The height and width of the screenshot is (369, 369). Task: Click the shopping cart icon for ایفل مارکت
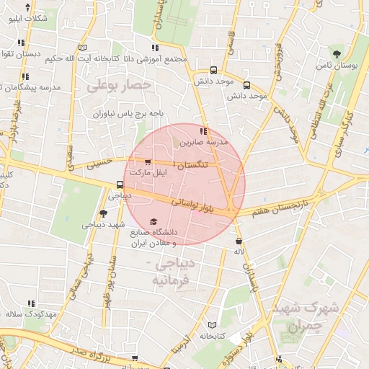tap(148, 162)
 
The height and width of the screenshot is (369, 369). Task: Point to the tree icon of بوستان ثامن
tap(337, 54)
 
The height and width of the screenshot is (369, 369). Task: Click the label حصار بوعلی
tap(120, 86)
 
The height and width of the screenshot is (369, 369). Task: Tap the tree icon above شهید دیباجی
tap(104, 213)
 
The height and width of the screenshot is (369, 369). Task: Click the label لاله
tap(239, 251)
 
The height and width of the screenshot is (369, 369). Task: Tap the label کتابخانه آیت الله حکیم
tap(79, 58)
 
